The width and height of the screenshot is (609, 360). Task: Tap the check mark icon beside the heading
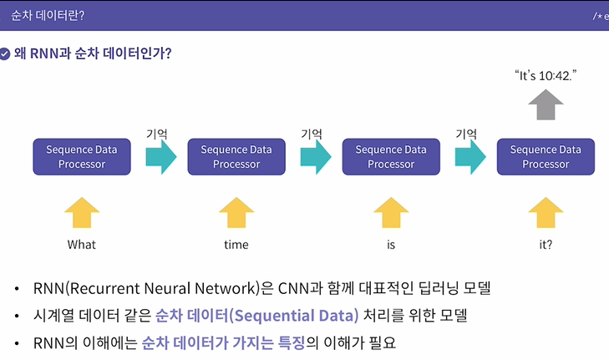pyautogui.click(x=6, y=53)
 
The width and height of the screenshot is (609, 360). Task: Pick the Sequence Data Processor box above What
pyautogui.click(x=82, y=156)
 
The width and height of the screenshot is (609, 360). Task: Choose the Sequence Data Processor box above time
pyautogui.click(x=236, y=156)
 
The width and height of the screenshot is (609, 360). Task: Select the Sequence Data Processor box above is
pyautogui.click(x=391, y=156)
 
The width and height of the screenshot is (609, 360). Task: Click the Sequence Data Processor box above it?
pyautogui.click(x=546, y=156)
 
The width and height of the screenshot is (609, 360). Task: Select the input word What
pyautogui.click(x=82, y=245)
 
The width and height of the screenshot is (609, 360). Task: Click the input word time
pyautogui.click(x=236, y=245)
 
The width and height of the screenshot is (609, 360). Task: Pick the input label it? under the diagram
pyautogui.click(x=546, y=245)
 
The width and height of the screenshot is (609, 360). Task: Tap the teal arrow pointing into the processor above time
pyautogui.click(x=160, y=156)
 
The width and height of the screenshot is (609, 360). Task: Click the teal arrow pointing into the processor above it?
pyautogui.click(x=470, y=156)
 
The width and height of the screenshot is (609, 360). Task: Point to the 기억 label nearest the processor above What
pyautogui.click(x=157, y=132)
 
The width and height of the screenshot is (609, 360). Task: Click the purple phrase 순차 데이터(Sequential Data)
pyautogui.click(x=256, y=315)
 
